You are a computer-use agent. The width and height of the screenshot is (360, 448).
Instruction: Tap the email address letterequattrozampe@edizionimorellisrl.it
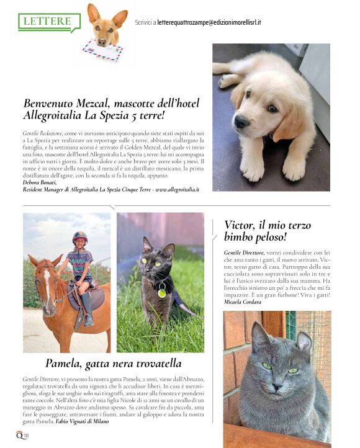tap(209, 22)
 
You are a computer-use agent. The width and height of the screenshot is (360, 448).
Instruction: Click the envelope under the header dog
tap(102, 50)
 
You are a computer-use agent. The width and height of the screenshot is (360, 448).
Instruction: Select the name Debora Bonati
tap(39, 182)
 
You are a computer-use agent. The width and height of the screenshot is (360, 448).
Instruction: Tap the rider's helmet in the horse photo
tap(79, 236)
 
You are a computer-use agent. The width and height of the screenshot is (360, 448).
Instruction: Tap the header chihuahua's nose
tap(104, 34)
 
